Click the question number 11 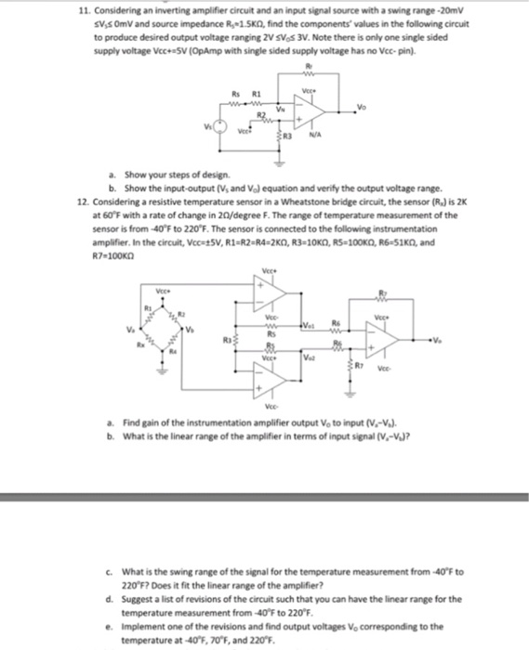pyautogui.click(x=82, y=7)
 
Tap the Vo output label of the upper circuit pyautogui.click(x=359, y=105)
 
